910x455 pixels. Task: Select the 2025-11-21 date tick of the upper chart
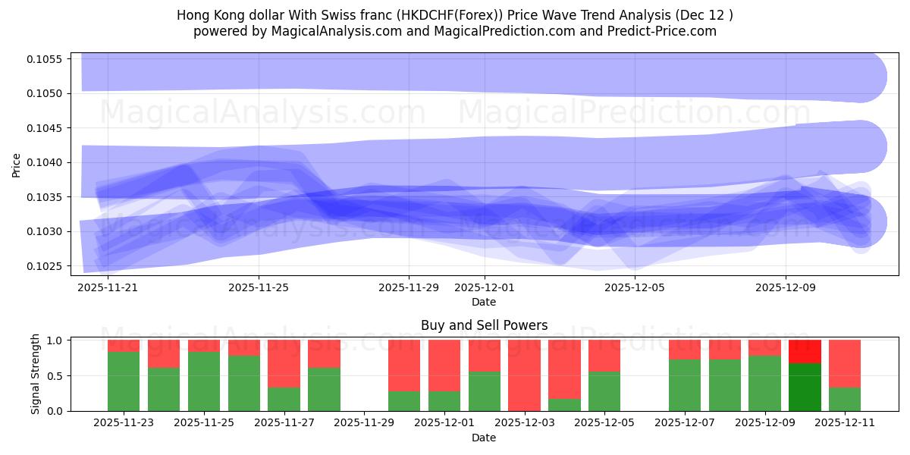click(x=108, y=288)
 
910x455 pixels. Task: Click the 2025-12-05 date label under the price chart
click(x=634, y=288)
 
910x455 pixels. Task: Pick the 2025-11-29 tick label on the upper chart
click(x=409, y=288)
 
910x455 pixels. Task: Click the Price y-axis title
click(x=17, y=164)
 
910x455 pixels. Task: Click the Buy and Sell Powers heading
click(x=484, y=325)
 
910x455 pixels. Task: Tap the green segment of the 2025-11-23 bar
click(x=124, y=381)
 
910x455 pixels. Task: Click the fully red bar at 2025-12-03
click(x=524, y=375)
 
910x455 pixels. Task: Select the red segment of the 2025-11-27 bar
click(x=284, y=363)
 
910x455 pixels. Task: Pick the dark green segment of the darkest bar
click(x=805, y=387)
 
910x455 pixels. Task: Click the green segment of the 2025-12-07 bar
click(x=685, y=384)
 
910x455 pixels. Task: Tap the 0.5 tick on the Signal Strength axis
click(x=58, y=375)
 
